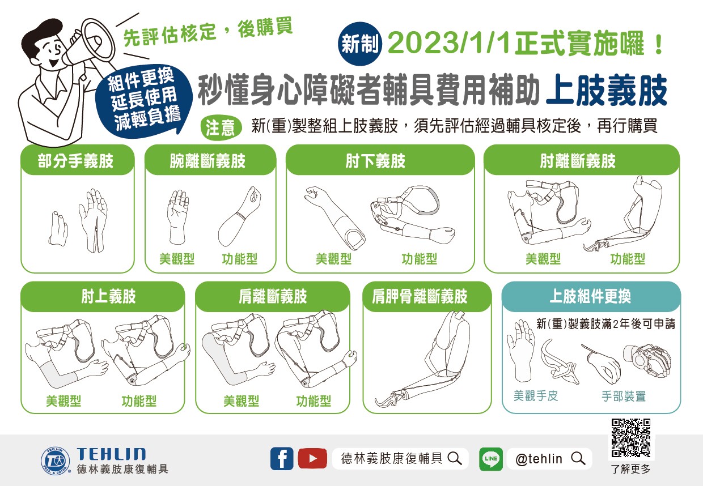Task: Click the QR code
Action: tap(631, 438)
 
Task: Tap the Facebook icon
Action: tap(282, 458)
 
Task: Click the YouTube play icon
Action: tap(312, 458)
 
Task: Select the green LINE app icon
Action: tap(491, 459)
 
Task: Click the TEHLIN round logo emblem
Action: tap(56, 460)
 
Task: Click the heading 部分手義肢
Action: tap(76, 161)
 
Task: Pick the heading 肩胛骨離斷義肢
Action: tap(420, 296)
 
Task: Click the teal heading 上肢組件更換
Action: tap(590, 296)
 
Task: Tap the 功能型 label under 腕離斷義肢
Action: tap(239, 259)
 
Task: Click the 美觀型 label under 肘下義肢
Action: tap(333, 259)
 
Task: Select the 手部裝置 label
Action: tap(624, 397)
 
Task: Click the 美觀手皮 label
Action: tap(536, 396)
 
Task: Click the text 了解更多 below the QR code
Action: tap(631, 470)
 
